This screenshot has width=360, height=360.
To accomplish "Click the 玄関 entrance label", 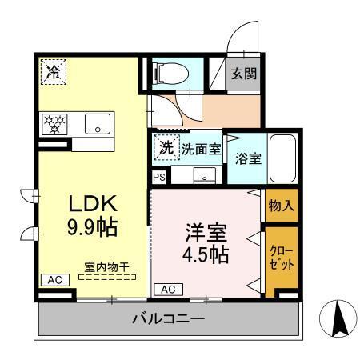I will pyautogui.click(x=243, y=74).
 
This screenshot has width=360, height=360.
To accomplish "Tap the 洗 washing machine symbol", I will pyautogui.click(x=166, y=147).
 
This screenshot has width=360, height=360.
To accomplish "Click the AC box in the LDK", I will pyautogui.click(x=54, y=279).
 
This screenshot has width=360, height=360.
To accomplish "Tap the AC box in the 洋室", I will pyautogui.click(x=169, y=289).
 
